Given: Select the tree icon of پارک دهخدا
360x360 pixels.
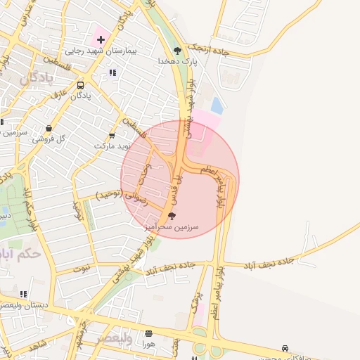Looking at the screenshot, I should (178, 50).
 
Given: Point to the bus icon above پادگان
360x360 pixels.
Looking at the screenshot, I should (80, 85).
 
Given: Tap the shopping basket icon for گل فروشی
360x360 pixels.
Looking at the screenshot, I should (48, 128).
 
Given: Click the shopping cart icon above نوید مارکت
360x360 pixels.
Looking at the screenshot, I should (112, 135).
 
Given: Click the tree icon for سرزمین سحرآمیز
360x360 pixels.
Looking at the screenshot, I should (172, 215).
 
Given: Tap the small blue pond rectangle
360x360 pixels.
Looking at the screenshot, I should (217, 106).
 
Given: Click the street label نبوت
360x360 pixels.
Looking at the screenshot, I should (82, 268).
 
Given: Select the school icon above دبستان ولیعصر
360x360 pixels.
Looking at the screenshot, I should (23, 294).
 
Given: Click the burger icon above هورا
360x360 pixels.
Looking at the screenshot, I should (148, 333).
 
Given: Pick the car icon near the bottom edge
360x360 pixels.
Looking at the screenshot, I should (285, 347).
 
